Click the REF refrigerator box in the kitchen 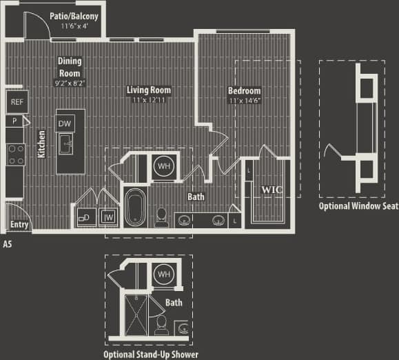coord(16,102)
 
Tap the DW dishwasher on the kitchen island coord(65,123)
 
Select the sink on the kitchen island coord(67,145)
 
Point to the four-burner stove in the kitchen coord(16,154)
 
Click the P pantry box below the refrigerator coord(14,121)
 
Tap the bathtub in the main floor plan coord(134,206)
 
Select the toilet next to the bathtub coord(161,217)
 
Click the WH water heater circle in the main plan coord(163,166)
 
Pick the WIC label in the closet coord(267,188)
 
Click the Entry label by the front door coord(19,225)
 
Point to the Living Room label coord(149,90)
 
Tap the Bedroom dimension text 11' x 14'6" coord(245,101)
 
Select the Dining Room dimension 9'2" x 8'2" coord(69,83)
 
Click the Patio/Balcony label coord(74,15)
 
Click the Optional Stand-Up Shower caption coord(151,354)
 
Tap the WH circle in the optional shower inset coord(163,274)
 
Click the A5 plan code coord(8,243)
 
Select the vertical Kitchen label coord(41,145)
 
